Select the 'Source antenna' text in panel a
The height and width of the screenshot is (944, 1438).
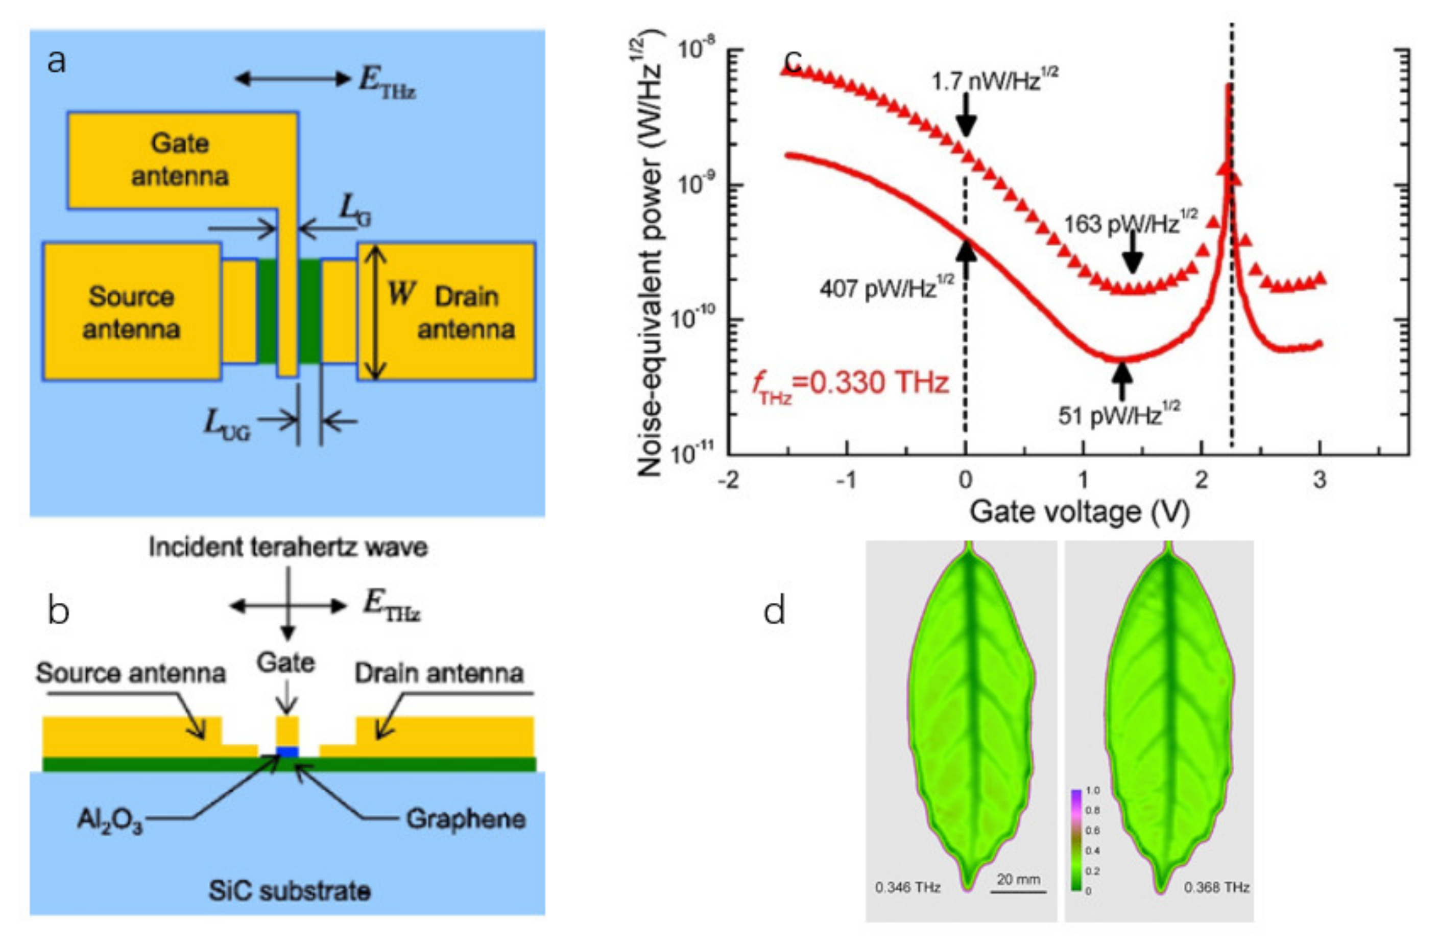coord(131,313)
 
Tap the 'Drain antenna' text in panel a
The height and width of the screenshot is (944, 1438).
coord(466,313)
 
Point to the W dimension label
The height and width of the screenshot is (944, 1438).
coord(401,294)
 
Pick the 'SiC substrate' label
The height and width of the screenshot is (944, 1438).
coord(290,891)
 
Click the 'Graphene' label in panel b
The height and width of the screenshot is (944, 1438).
coord(465,819)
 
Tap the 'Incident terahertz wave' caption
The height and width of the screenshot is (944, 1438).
coord(288,547)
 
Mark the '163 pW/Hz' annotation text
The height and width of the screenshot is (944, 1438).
coord(1130,223)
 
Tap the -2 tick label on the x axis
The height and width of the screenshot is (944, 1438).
coord(729,481)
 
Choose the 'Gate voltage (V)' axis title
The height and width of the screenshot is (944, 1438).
coord(1079,512)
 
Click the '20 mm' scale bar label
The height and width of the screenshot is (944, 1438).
coord(1018,879)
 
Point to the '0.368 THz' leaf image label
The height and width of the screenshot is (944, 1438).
coord(1216,887)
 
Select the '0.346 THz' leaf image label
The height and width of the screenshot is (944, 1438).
coord(907,887)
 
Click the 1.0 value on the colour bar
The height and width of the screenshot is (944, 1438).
coord(1092,790)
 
